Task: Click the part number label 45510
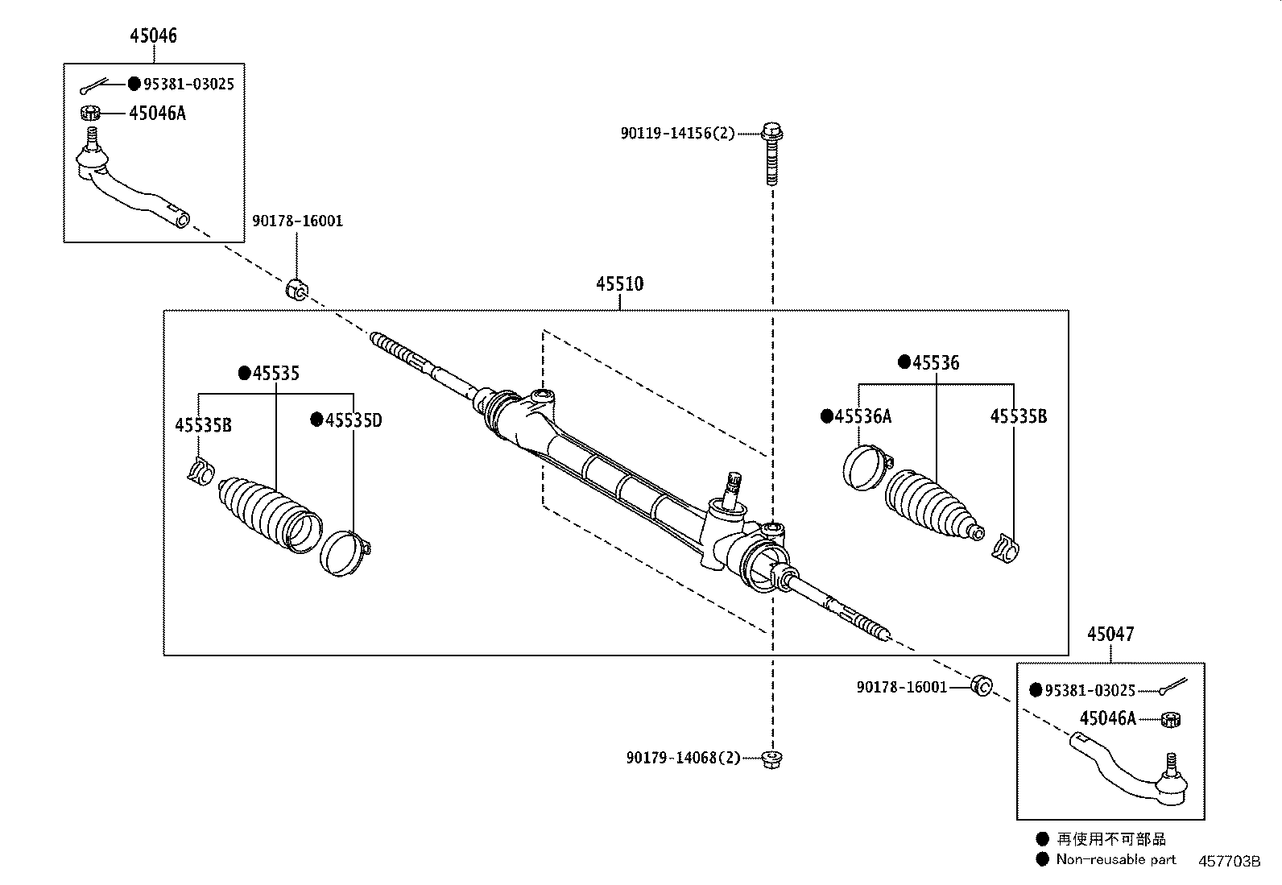(619, 284)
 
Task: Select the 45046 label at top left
(153, 35)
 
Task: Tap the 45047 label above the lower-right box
(1110, 634)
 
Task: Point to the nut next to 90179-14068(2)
(771, 758)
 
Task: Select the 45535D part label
(352, 420)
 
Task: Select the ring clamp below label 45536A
(866, 466)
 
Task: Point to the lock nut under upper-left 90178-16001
(296, 288)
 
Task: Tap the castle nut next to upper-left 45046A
(90, 113)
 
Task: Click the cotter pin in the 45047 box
(1173, 687)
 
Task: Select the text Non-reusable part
(1115, 859)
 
